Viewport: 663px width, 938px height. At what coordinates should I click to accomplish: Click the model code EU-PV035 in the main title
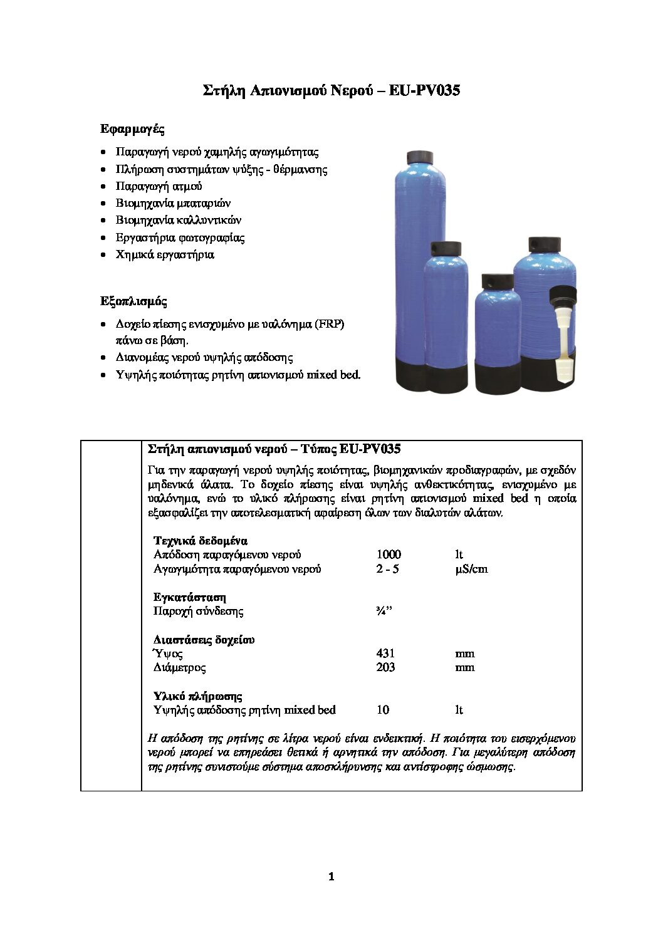click(424, 90)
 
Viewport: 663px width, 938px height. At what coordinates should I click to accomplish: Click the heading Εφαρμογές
click(132, 129)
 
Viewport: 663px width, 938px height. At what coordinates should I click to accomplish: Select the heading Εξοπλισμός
click(133, 301)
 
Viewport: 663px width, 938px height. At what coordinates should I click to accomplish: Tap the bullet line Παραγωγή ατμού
click(159, 186)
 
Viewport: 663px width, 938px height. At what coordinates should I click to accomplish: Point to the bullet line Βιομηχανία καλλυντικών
click(178, 220)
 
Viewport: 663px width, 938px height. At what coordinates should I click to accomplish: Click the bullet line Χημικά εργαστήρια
click(164, 254)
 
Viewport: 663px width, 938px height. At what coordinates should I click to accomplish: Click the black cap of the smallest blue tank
click(498, 281)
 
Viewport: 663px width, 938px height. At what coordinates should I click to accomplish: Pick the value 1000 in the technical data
click(389, 555)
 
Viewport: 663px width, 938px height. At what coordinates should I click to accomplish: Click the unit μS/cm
click(471, 569)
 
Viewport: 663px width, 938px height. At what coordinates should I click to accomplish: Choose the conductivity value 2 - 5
click(387, 569)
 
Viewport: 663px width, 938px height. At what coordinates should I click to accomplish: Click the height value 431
click(385, 654)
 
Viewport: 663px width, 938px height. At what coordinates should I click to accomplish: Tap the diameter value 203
click(385, 667)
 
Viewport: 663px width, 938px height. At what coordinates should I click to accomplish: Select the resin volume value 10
click(383, 710)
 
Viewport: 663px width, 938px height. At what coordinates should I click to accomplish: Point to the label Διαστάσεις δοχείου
click(204, 640)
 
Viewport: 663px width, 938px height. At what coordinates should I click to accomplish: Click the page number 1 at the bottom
click(331, 877)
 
